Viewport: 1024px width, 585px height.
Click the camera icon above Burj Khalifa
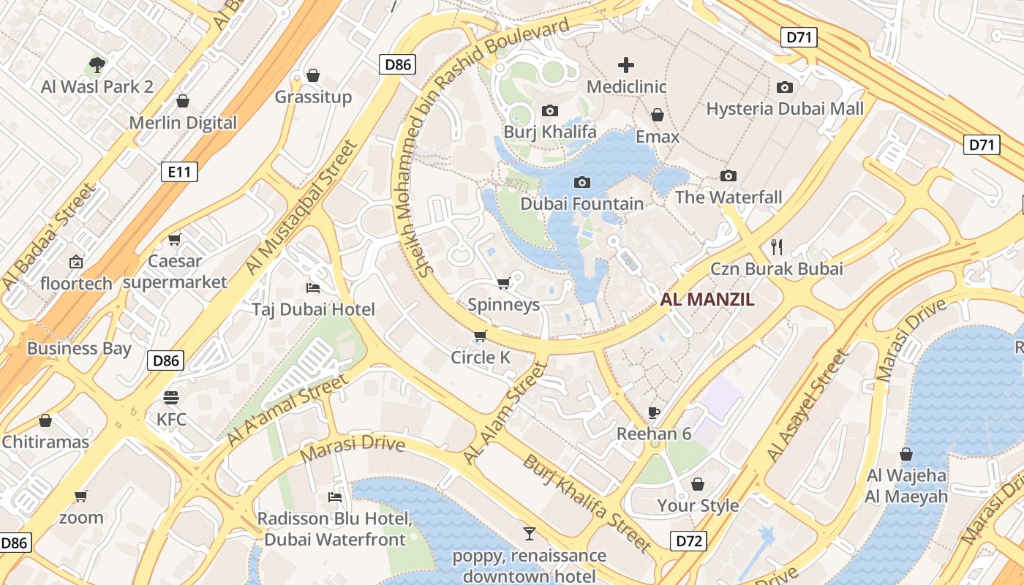pos(550,110)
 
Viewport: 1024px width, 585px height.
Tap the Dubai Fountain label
pos(582,203)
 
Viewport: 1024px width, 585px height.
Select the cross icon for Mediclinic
pos(626,65)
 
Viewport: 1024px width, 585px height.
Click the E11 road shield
pos(179,173)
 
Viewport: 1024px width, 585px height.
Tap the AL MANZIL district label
pos(707,299)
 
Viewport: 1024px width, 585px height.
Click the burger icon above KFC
pos(171,398)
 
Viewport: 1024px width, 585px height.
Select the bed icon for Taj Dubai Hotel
pos(313,287)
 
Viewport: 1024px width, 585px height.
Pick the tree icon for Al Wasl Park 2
pos(97,65)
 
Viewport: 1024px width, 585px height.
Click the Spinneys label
pos(503,305)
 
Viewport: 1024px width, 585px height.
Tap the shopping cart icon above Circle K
pos(480,336)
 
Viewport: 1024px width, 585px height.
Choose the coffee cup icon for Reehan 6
pos(654,412)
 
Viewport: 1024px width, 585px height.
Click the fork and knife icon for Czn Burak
pos(777,246)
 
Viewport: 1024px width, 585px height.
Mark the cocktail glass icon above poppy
pos(529,534)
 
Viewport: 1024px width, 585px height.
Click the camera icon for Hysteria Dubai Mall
pos(785,87)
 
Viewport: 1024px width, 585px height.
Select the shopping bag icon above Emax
pos(658,115)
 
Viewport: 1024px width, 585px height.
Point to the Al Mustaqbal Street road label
pos(300,208)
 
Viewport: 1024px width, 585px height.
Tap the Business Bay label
pos(79,348)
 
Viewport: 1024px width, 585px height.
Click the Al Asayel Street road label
pos(807,407)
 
